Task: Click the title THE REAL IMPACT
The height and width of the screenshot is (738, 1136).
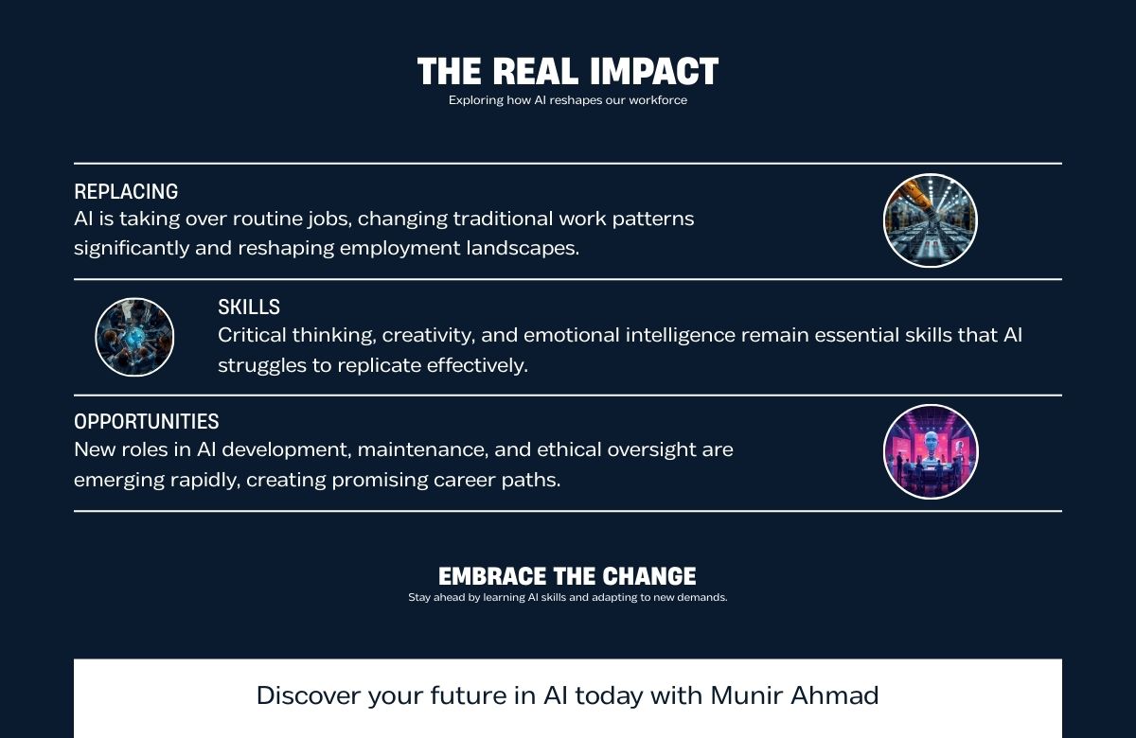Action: pyautogui.click(x=568, y=72)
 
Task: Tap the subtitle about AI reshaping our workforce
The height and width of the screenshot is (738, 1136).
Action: pyautogui.click(x=568, y=100)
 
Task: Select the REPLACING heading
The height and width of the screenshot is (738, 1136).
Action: pyautogui.click(x=126, y=191)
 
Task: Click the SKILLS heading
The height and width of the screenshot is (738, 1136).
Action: pyautogui.click(x=249, y=307)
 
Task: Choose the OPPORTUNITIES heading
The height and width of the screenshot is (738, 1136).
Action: pyautogui.click(x=147, y=421)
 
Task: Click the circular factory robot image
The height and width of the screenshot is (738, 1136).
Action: pyautogui.click(x=930, y=220)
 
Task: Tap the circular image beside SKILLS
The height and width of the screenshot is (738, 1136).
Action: pyautogui.click(x=134, y=337)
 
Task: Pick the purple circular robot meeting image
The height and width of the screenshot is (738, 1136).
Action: pyautogui.click(x=930, y=451)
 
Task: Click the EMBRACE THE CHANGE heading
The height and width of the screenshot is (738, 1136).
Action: pyautogui.click(x=567, y=576)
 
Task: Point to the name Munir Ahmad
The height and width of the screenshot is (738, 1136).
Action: pyautogui.click(x=794, y=695)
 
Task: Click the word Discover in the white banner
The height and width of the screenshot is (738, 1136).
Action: pyautogui.click(x=309, y=695)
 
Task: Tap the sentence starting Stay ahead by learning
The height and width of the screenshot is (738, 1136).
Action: pyautogui.click(x=567, y=598)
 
